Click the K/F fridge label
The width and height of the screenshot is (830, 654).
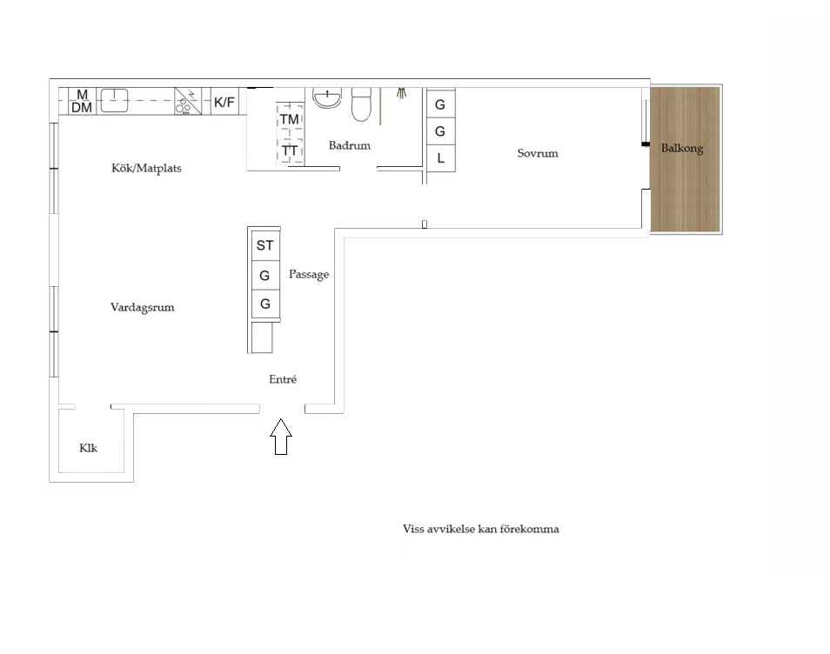click(x=224, y=102)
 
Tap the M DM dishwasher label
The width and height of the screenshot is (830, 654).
click(x=82, y=101)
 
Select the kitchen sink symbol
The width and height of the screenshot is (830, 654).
click(x=114, y=101)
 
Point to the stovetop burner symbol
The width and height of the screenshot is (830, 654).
click(x=188, y=101)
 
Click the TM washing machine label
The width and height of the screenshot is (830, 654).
click(x=290, y=119)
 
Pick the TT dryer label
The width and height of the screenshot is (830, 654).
click(x=290, y=150)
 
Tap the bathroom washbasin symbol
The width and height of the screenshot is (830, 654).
click(x=327, y=98)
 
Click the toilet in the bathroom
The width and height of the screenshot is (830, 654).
click(x=362, y=104)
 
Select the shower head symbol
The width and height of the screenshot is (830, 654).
click(x=402, y=93)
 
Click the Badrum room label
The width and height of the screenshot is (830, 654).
click(x=350, y=145)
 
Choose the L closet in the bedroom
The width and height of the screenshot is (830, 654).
click(x=441, y=158)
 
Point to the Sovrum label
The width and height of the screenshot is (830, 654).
click(x=538, y=153)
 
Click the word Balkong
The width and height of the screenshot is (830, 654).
click(x=682, y=149)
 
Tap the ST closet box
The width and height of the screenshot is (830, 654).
click(x=265, y=245)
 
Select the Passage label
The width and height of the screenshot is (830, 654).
click(x=309, y=275)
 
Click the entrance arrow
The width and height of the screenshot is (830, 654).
click(x=281, y=437)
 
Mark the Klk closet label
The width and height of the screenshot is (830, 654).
click(x=89, y=448)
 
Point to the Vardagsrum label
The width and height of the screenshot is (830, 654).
click(x=143, y=307)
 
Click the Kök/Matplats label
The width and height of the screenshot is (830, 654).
click(x=147, y=168)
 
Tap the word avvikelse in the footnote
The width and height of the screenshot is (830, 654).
click(x=449, y=529)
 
